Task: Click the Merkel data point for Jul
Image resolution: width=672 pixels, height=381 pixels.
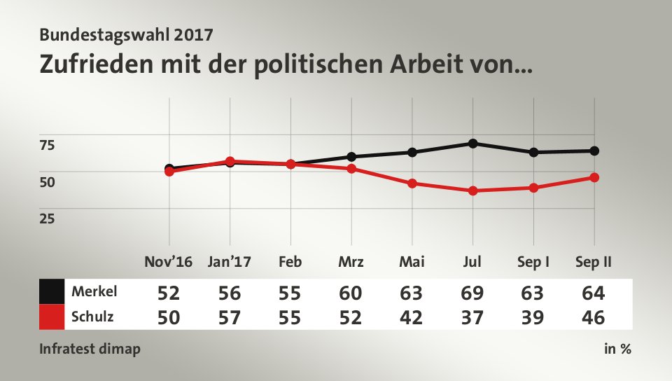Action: click(x=473, y=144)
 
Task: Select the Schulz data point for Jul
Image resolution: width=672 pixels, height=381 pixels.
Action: click(x=473, y=190)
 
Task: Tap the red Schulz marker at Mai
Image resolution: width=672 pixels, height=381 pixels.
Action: click(x=412, y=183)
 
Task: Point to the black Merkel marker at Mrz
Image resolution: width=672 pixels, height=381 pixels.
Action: click(x=351, y=157)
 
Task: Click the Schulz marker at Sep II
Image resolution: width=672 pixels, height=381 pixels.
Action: click(x=594, y=177)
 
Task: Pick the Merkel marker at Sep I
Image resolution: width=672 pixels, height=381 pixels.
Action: click(x=534, y=152)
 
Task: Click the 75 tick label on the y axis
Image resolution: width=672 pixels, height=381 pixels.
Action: click(x=47, y=145)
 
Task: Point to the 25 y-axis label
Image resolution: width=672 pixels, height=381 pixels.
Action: click(x=47, y=218)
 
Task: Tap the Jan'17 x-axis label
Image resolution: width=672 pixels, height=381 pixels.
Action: click(x=230, y=263)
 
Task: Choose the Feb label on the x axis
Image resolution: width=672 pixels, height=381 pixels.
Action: click(x=290, y=263)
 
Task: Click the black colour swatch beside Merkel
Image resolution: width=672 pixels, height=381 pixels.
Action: click(x=52, y=291)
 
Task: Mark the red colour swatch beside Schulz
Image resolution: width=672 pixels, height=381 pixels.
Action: click(x=52, y=317)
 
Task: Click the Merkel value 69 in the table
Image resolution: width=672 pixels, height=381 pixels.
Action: click(x=473, y=291)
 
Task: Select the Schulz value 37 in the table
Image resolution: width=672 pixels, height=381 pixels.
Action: click(x=473, y=317)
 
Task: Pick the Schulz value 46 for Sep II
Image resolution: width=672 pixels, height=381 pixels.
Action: click(x=594, y=317)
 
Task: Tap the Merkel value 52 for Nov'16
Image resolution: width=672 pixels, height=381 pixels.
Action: click(x=169, y=291)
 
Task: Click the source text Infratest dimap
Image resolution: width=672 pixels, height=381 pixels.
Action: click(x=89, y=349)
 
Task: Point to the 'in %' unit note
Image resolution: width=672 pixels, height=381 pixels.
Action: click(x=617, y=349)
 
